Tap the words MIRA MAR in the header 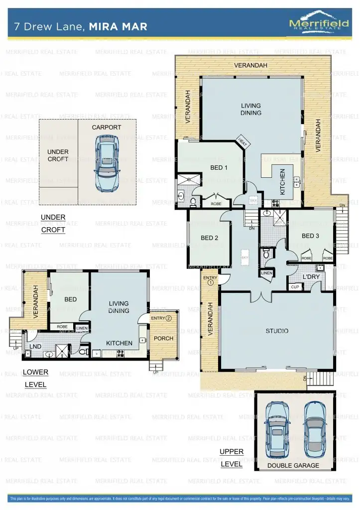(x=118, y=26)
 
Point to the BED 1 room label (x=219, y=168)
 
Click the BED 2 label (x=210, y=238)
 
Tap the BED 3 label (x=310, y=236)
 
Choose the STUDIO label (x=277, y=331)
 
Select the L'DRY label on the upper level (x=311, y=277)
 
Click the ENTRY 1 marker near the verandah (x=210, y=280)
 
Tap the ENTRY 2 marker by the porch (x=161, y=318)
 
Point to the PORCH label (x=163, y=338)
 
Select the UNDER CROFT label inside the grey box (x=58, y=155)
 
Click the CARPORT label (x=107, y=127)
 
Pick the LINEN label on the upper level (x=266, y=273)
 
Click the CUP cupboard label (x=295, y=287)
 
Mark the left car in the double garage (x=277, y=426)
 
